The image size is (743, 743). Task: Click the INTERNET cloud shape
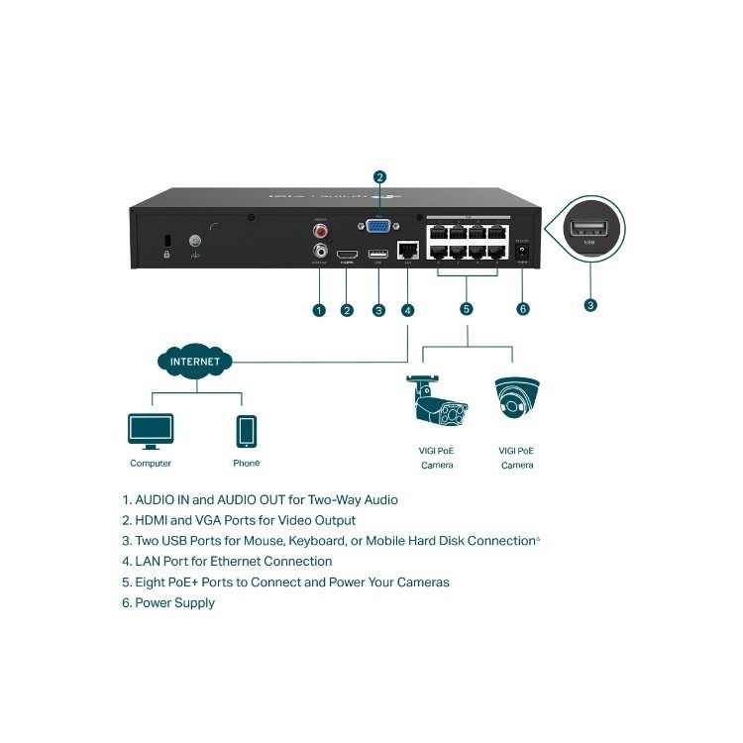click(195, 362)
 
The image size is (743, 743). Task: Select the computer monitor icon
click(151, 431)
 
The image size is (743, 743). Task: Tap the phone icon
click(247, 432)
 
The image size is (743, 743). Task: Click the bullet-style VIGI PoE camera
click(437, 403)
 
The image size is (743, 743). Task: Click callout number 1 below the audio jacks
click(319, 310)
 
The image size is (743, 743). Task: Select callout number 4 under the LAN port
click(408, 310)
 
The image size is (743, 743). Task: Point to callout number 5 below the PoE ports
click(467, 309)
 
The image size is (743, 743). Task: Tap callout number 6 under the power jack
click(523, 309)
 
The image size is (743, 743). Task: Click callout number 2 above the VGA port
click(379, 177)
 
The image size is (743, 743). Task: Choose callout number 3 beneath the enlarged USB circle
click(590, 306)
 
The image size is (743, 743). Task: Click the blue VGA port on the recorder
click(379, 226)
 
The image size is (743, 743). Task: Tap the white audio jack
click(320, 252)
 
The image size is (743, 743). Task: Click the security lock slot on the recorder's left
click(168, 241)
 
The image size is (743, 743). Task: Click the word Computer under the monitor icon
click(151, 464)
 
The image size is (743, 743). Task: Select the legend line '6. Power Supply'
click(168, 602)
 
